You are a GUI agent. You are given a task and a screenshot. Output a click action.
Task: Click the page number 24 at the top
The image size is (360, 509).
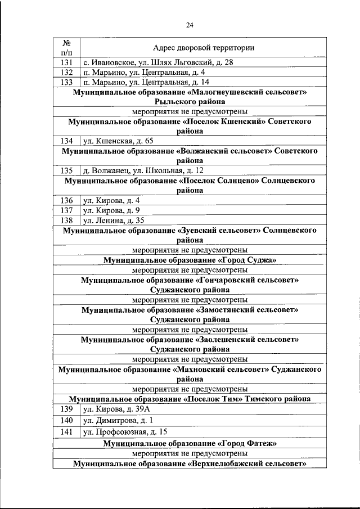pyautogui.click(x=190, y=24)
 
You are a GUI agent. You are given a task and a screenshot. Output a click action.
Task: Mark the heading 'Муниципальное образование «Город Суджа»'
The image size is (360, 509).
pyautogui.click(x=193, y=260)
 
